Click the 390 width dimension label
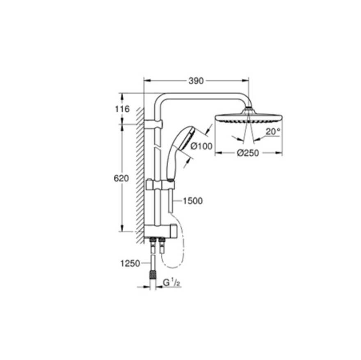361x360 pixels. [196, 81]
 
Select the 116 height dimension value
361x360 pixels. [123, 109]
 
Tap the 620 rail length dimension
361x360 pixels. [121, 178]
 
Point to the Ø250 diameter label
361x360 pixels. [248, 153]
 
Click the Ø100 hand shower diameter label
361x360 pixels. [201, 146]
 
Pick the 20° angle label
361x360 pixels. [273, 131]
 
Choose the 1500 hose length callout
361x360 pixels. [193, 201]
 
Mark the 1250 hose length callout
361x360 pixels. [130, 263]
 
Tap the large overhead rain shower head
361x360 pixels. [249, 116]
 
